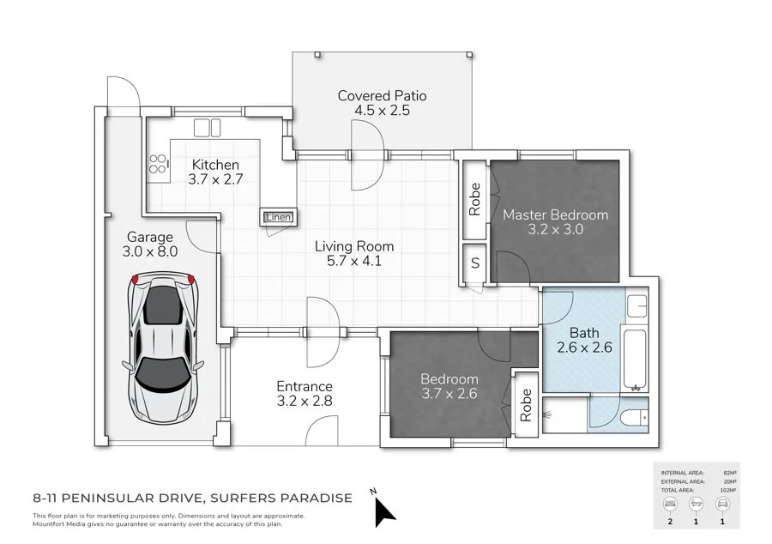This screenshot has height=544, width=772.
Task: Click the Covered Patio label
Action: coord(382,103)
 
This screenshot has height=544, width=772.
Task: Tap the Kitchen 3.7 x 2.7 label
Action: coord(215,172)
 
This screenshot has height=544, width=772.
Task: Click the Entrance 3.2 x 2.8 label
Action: coord(304,394)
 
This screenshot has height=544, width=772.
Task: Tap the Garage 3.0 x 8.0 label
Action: coord(150,245)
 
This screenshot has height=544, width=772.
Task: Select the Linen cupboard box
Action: coord(278,217)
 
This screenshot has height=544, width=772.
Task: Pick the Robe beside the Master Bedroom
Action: coord(474,199)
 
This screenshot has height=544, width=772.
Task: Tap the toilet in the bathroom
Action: coord(633,418)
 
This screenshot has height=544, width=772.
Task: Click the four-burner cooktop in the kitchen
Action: coord(159,163)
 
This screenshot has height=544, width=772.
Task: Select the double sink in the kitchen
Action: coord(208,128)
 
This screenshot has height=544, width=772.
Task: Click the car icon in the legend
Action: coord(722,503)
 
